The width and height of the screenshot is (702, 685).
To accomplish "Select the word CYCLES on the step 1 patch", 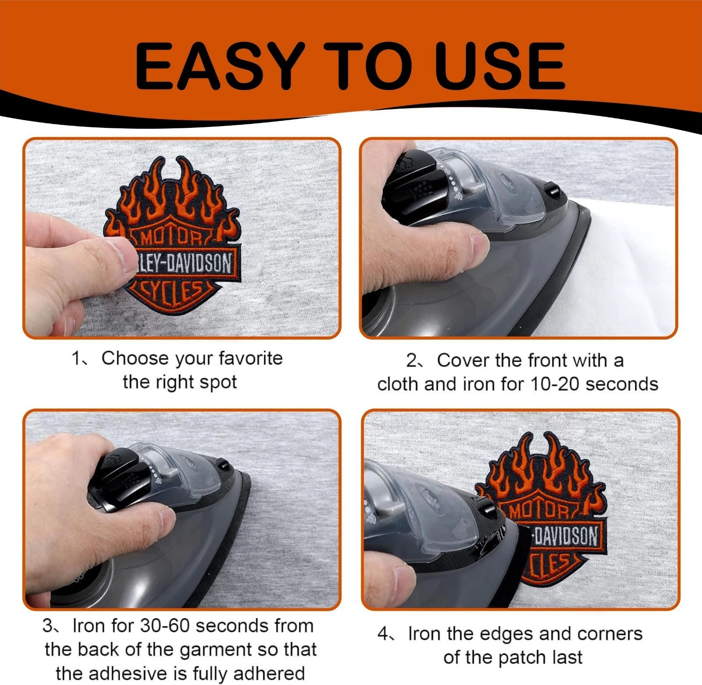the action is [173, 290].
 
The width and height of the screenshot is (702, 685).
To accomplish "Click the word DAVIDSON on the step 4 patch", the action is [566, 536].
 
